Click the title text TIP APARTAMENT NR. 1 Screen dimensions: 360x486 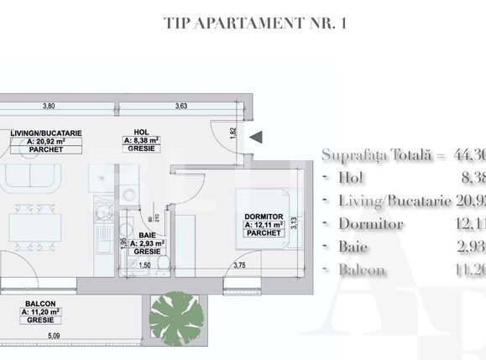click(255, 23)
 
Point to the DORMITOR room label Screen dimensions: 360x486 click(265, 217)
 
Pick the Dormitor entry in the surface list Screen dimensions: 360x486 click(372, 224)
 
